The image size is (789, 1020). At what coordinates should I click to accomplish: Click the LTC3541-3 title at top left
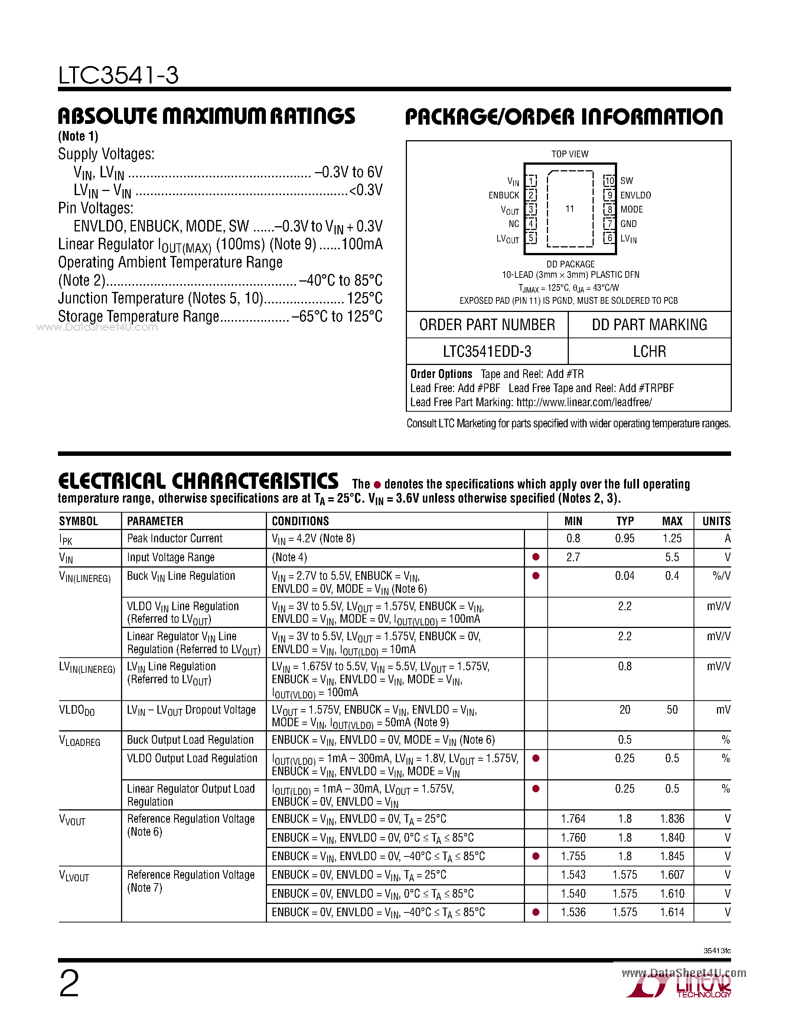118,75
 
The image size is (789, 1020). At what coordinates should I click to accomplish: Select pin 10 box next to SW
609,180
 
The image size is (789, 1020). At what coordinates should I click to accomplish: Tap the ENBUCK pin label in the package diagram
503,195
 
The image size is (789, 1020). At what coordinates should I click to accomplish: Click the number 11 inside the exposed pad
569,209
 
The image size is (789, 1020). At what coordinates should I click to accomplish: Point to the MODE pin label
632,210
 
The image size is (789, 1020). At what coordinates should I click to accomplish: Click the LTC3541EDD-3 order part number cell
487,351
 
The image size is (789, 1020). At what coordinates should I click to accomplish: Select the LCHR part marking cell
649,351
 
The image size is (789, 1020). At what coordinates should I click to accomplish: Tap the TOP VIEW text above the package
570,154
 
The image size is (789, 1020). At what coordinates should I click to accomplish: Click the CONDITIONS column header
300,521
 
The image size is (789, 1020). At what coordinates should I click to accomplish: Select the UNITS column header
716,521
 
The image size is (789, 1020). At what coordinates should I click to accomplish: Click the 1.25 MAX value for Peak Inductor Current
672,539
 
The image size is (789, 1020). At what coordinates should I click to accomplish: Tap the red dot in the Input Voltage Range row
536,557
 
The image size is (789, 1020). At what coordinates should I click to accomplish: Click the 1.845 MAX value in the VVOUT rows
672,856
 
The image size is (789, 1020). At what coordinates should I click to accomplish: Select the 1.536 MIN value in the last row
573,912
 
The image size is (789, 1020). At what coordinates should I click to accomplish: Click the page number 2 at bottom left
69,983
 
